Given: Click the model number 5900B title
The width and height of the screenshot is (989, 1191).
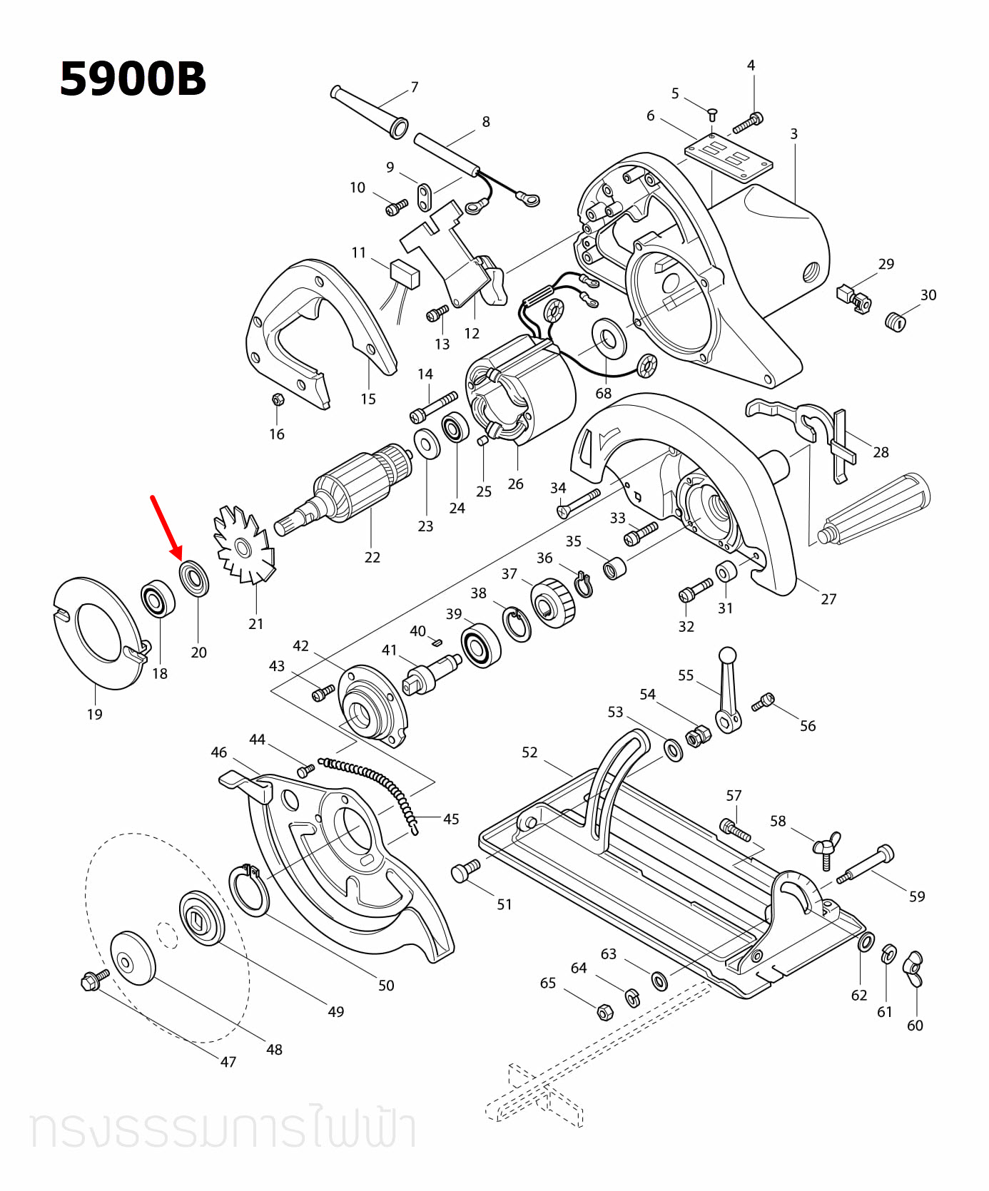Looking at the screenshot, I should click(x=133, y=78).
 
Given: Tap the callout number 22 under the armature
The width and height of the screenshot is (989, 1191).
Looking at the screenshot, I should click(x=372, y=557).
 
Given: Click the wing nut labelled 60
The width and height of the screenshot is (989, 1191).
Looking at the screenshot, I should click(x=914, y=968).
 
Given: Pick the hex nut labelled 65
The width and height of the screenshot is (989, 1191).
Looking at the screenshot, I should click(x=603, y=1011).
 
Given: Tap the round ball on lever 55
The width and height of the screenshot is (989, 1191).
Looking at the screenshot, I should click(x=727, y=654).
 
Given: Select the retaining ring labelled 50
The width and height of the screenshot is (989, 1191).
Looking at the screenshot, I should click(x=249, y=890).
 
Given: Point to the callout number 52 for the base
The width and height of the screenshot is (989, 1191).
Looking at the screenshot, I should click(x=529, y=752).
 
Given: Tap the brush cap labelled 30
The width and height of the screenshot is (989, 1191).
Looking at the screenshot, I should click(x=895, y=322).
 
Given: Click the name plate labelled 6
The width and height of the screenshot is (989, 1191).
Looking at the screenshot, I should click(x=729, y=158).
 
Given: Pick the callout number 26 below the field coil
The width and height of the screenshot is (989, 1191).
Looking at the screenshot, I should click(x=515, y=484).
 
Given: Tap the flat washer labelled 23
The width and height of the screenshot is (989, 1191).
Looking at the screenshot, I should click(x=427, y=445).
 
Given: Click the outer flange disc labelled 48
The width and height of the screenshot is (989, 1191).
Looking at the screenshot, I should click(x=133, y=957).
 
